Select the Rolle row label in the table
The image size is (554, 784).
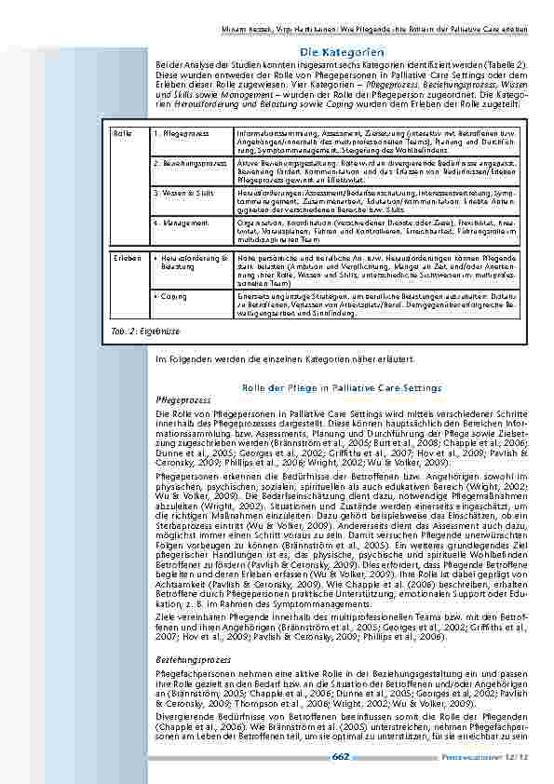[x=121, y=134]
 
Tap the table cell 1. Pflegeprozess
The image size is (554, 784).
[x=175, y=134]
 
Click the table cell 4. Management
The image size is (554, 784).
[x=176, y=223]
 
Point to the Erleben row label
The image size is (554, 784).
[x=126, y=254]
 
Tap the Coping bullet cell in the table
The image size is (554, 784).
[x=171, y=296]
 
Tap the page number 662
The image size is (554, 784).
[x=340, y=757]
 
